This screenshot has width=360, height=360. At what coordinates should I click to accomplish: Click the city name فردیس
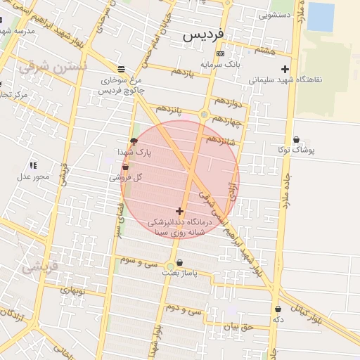[x=204, y=34]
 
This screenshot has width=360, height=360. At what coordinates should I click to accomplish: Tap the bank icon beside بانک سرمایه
[x=220, y=53]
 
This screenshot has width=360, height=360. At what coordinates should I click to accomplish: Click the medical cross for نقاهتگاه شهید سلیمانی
[x=285, y=69]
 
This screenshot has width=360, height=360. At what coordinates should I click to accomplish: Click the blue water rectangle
[x=321, y=17]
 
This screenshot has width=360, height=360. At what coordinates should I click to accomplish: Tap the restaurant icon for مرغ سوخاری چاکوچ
[x=122, y=69]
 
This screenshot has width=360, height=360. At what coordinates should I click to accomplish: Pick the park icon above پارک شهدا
[x=134, y=141]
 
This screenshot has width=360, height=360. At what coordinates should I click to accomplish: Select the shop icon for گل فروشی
[x=125, y=167]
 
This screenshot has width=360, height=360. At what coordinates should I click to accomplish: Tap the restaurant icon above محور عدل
[x=33, y=165]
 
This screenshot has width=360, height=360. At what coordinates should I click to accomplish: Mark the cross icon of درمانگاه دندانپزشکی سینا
[x=179, y=211]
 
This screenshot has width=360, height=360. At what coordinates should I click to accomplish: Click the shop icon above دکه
[x=278, y=309]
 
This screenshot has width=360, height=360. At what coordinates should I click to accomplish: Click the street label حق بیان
[x=236, y=326]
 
